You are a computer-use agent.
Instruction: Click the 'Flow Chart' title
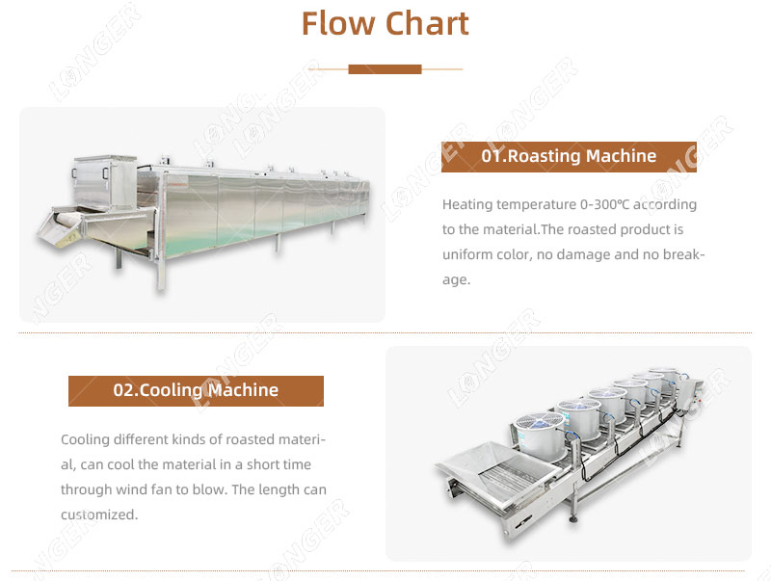tap(385, 23)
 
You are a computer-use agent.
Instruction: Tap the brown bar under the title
tap(385, 69)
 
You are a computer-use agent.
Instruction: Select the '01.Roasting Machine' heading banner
tap(569, 156)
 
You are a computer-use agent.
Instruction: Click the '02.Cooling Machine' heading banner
tap(196, 390)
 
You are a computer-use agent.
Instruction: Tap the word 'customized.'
tap(99, 515)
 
